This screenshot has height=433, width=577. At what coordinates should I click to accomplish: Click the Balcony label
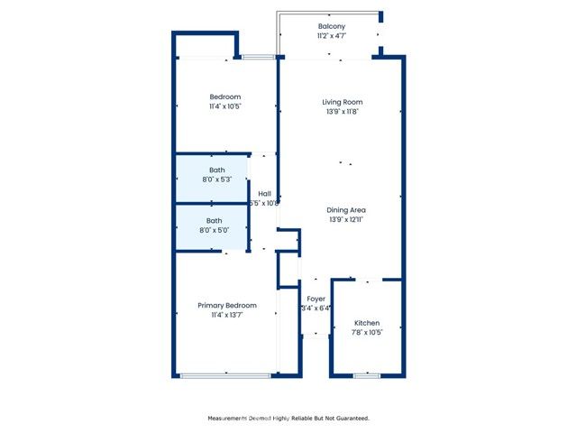331,26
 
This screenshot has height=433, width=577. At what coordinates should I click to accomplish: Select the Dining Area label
346,210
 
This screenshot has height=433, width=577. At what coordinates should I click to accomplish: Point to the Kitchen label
367,323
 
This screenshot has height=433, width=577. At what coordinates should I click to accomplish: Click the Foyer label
316,299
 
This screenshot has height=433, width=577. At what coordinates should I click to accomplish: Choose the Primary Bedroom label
227,306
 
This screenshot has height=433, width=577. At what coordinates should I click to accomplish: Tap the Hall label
265,194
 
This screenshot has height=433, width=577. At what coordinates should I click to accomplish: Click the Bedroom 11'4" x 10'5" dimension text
225,106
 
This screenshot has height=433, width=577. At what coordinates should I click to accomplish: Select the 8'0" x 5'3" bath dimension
217,180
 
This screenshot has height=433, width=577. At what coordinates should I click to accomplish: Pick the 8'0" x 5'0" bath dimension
215,230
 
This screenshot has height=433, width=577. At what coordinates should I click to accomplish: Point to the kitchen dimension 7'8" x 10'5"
367,333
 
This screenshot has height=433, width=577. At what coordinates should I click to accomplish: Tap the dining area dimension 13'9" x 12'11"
346,220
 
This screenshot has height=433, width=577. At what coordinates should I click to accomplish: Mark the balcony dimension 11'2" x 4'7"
331,37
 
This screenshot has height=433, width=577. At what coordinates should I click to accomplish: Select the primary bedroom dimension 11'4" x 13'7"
227,316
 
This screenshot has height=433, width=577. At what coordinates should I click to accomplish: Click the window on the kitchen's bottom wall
366,375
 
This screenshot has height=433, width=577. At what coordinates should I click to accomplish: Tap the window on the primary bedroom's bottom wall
227,375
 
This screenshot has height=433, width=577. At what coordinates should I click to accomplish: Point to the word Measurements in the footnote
231,419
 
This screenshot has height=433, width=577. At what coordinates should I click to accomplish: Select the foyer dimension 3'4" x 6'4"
316,309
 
